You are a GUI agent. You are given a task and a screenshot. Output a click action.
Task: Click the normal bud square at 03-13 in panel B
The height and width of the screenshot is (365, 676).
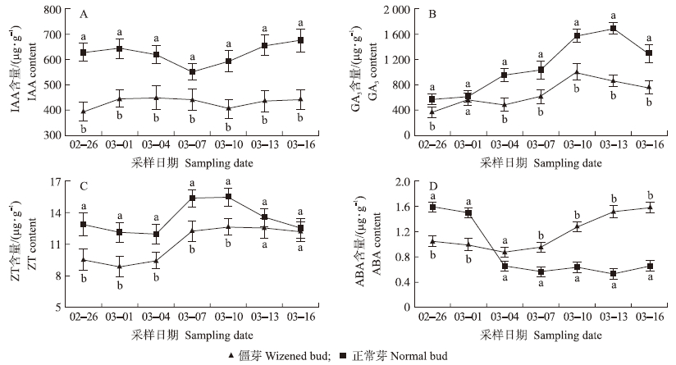click(614, 29)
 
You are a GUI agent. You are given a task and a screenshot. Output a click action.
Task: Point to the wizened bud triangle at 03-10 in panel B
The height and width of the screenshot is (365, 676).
click(578, 72)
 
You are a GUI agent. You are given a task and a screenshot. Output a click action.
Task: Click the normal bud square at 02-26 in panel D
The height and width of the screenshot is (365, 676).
click(432, 207)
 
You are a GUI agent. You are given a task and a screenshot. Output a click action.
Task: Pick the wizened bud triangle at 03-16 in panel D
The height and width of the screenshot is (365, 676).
click(650, 208)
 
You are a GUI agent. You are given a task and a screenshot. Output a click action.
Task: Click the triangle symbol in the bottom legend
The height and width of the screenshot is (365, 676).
click(233, 356)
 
